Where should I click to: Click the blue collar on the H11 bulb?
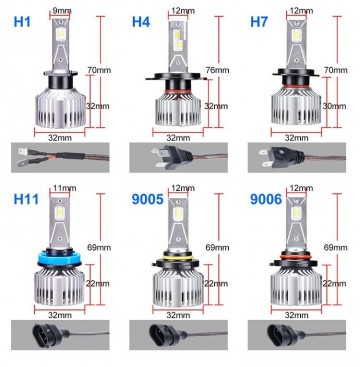click(62, 259)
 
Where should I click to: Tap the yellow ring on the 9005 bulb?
click(181, 261)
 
